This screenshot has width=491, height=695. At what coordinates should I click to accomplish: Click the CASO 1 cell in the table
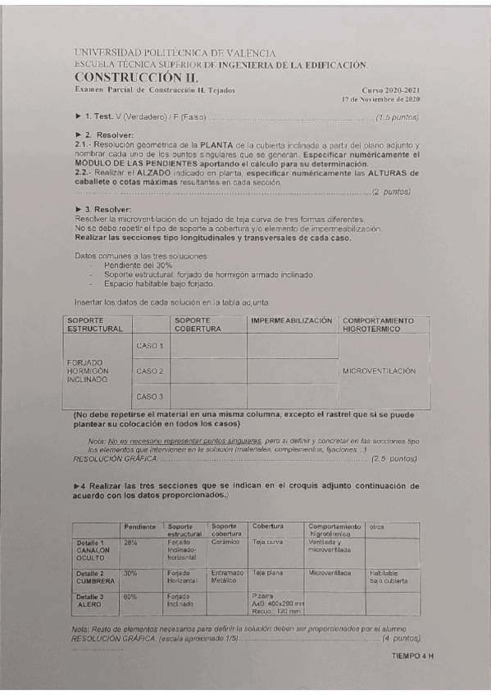[x=150, y=346]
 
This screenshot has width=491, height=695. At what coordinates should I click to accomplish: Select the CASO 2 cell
[x=150, y=371]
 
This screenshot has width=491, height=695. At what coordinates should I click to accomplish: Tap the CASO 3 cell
[x=150, y=397]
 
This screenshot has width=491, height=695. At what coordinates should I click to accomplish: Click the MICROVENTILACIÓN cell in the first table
[x=379, y=371]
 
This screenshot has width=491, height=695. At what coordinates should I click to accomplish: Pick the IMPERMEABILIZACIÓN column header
[x=292, y=320]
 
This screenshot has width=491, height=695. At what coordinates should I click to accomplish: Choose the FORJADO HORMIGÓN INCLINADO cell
[x=89, y=371]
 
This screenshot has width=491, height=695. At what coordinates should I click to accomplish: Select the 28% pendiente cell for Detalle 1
[x=130, y=542]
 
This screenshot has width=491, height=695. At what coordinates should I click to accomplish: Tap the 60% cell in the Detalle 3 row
[x=130, y=597]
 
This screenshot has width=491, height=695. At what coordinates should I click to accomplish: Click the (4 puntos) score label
[x=401, y=638]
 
